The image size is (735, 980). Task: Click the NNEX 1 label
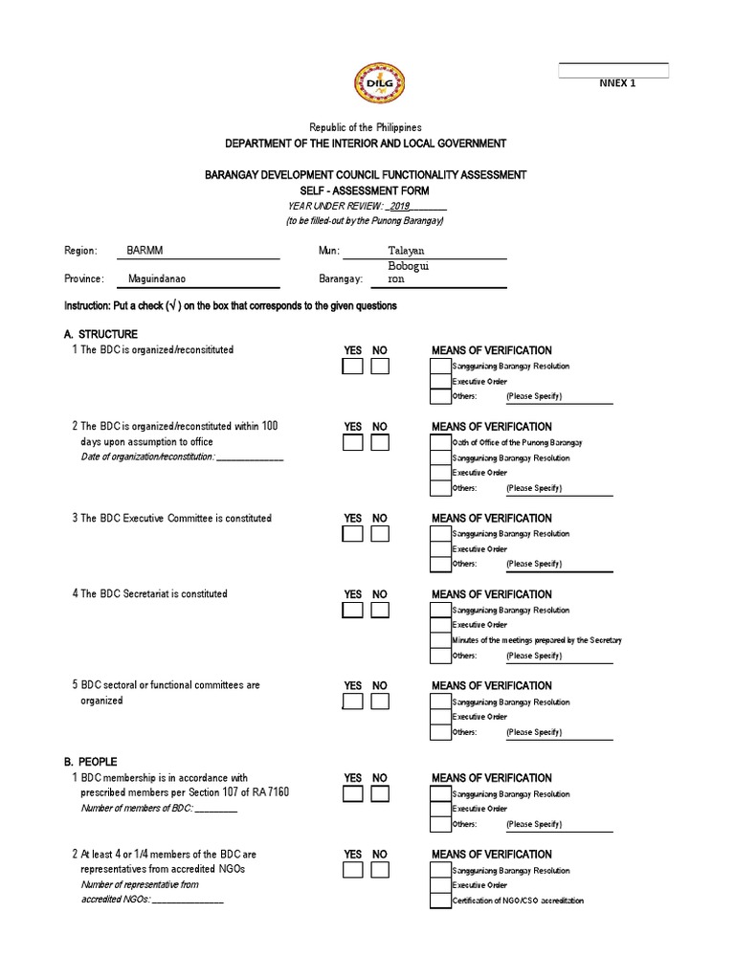click(616, 83)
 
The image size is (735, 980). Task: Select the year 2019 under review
click(399, 206)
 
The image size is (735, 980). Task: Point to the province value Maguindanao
click(156, 279)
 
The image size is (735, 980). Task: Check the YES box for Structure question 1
click(353, 367)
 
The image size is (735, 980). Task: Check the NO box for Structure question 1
click(380, 367)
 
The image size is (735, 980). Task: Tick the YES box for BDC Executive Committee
click(353, 534)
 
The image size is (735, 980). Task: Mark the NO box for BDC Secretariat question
click(380, 611)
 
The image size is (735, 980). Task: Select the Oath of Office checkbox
click(440, 443)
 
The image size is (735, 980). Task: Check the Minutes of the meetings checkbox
click(440, 640)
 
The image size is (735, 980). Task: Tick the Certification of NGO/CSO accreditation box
click(440, 901)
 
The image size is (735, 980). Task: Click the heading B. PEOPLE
click(92, 762)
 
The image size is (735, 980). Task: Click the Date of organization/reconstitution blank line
click(250, 457)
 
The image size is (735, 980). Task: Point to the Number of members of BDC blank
click(216, 809)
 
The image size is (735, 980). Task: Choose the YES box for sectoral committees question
click(353, 702)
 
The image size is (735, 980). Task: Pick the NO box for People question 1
click(380, 794)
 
